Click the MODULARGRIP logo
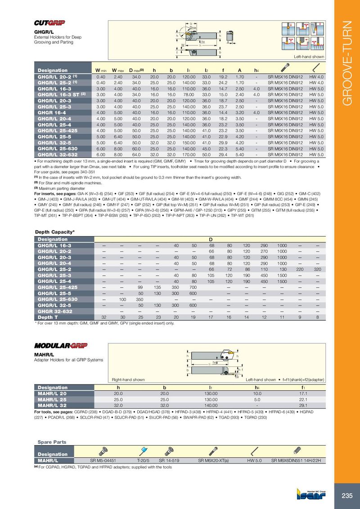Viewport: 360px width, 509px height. point(61,345)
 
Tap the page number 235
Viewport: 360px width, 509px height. point(347,496)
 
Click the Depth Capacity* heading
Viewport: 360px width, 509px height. point(54,232)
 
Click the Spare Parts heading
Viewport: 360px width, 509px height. point(52,442)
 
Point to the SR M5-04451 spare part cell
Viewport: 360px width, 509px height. point(103,461)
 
